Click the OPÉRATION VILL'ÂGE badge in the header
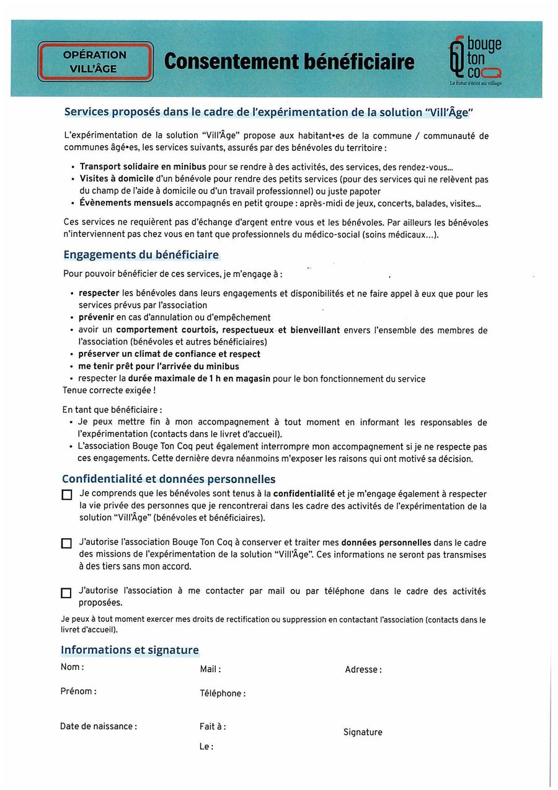95,61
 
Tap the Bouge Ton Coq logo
475,60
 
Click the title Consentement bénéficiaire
289,61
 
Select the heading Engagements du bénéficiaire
141,255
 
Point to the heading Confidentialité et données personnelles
169,479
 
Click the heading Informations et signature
130,650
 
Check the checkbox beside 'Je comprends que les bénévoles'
66,495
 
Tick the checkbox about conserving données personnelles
66,544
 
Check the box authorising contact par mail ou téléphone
66,593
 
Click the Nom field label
72,667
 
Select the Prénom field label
78,691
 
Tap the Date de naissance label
99,727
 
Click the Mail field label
210,670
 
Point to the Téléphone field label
223,694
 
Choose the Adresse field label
363,670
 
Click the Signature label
363,732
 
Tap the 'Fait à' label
213,727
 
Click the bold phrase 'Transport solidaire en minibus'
143,167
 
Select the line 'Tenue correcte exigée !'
109,390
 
